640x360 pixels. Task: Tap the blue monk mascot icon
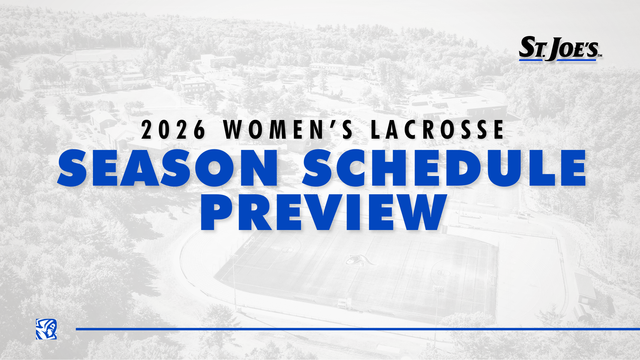[46, 329]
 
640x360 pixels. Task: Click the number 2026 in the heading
[173, 130]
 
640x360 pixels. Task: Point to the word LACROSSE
[437, 130]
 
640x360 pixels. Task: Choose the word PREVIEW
[323, 212]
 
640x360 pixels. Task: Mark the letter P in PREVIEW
[217, 212]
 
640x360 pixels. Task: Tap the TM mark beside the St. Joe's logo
[600, 56]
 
